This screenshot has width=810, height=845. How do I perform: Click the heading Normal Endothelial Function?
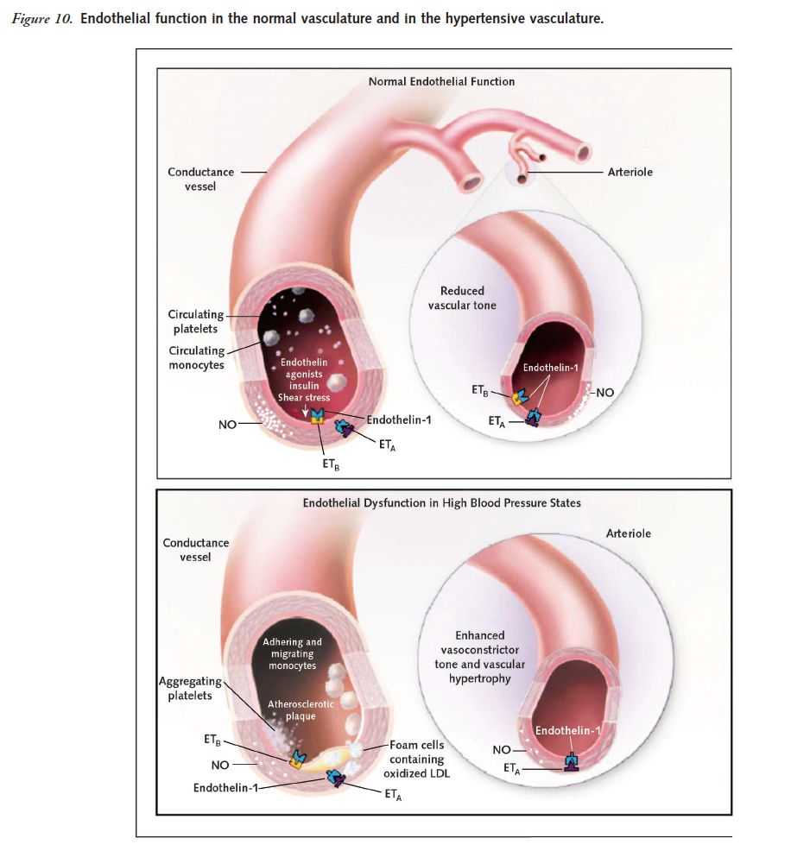(x=441, y=81)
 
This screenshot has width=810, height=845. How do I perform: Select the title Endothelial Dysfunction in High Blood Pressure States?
(x=441, y=502)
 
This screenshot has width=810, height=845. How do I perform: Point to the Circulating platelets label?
(x=196, y=322)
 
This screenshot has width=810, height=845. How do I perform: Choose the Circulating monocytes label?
(x=196, y=357)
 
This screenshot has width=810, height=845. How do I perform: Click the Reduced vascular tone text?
(x=462, y=298)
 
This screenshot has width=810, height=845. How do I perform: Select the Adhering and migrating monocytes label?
(x=292, y=653)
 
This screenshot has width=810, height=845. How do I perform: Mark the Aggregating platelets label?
(x=191, y=689)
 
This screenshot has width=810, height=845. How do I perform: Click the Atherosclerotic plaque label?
(x=300, y=710)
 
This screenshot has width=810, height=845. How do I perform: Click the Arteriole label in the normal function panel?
(x=630, y=172)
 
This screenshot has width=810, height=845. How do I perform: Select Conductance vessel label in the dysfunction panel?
(x=196, y=550)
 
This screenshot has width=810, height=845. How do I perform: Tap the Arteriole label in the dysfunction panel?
(x=629, y=533)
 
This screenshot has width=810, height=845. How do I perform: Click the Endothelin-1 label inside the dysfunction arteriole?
(x=567, y=731)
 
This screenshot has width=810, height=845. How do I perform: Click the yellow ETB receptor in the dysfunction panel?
(x=298, y=759)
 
